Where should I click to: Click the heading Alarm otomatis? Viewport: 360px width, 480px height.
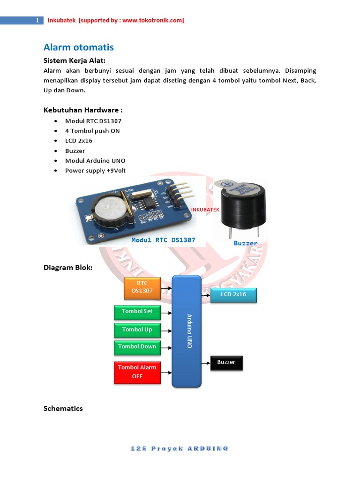click(78, 47)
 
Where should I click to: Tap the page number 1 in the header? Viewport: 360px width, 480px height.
click(37, 21)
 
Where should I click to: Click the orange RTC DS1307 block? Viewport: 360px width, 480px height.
click(142, 287)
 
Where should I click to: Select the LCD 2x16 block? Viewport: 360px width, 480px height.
click(233, 295)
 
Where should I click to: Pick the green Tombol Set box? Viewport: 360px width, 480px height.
click(137, 312)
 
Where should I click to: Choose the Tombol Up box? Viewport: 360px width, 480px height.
click(137, 330)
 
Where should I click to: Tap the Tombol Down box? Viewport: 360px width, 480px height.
click(137, 347)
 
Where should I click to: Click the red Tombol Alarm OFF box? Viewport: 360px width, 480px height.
click(137, 372)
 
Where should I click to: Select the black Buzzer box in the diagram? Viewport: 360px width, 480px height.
click(226, 363)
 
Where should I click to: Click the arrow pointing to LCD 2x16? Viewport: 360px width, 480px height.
click(206, 295)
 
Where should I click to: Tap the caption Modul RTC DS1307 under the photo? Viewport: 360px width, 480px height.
click(163, 240)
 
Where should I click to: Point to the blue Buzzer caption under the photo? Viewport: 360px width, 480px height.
click(246, 243)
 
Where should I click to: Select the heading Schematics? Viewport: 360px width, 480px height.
click(63, 408)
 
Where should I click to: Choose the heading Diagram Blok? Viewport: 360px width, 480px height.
click(68, 268)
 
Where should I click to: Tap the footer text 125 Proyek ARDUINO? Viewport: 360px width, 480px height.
click(180, 449)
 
